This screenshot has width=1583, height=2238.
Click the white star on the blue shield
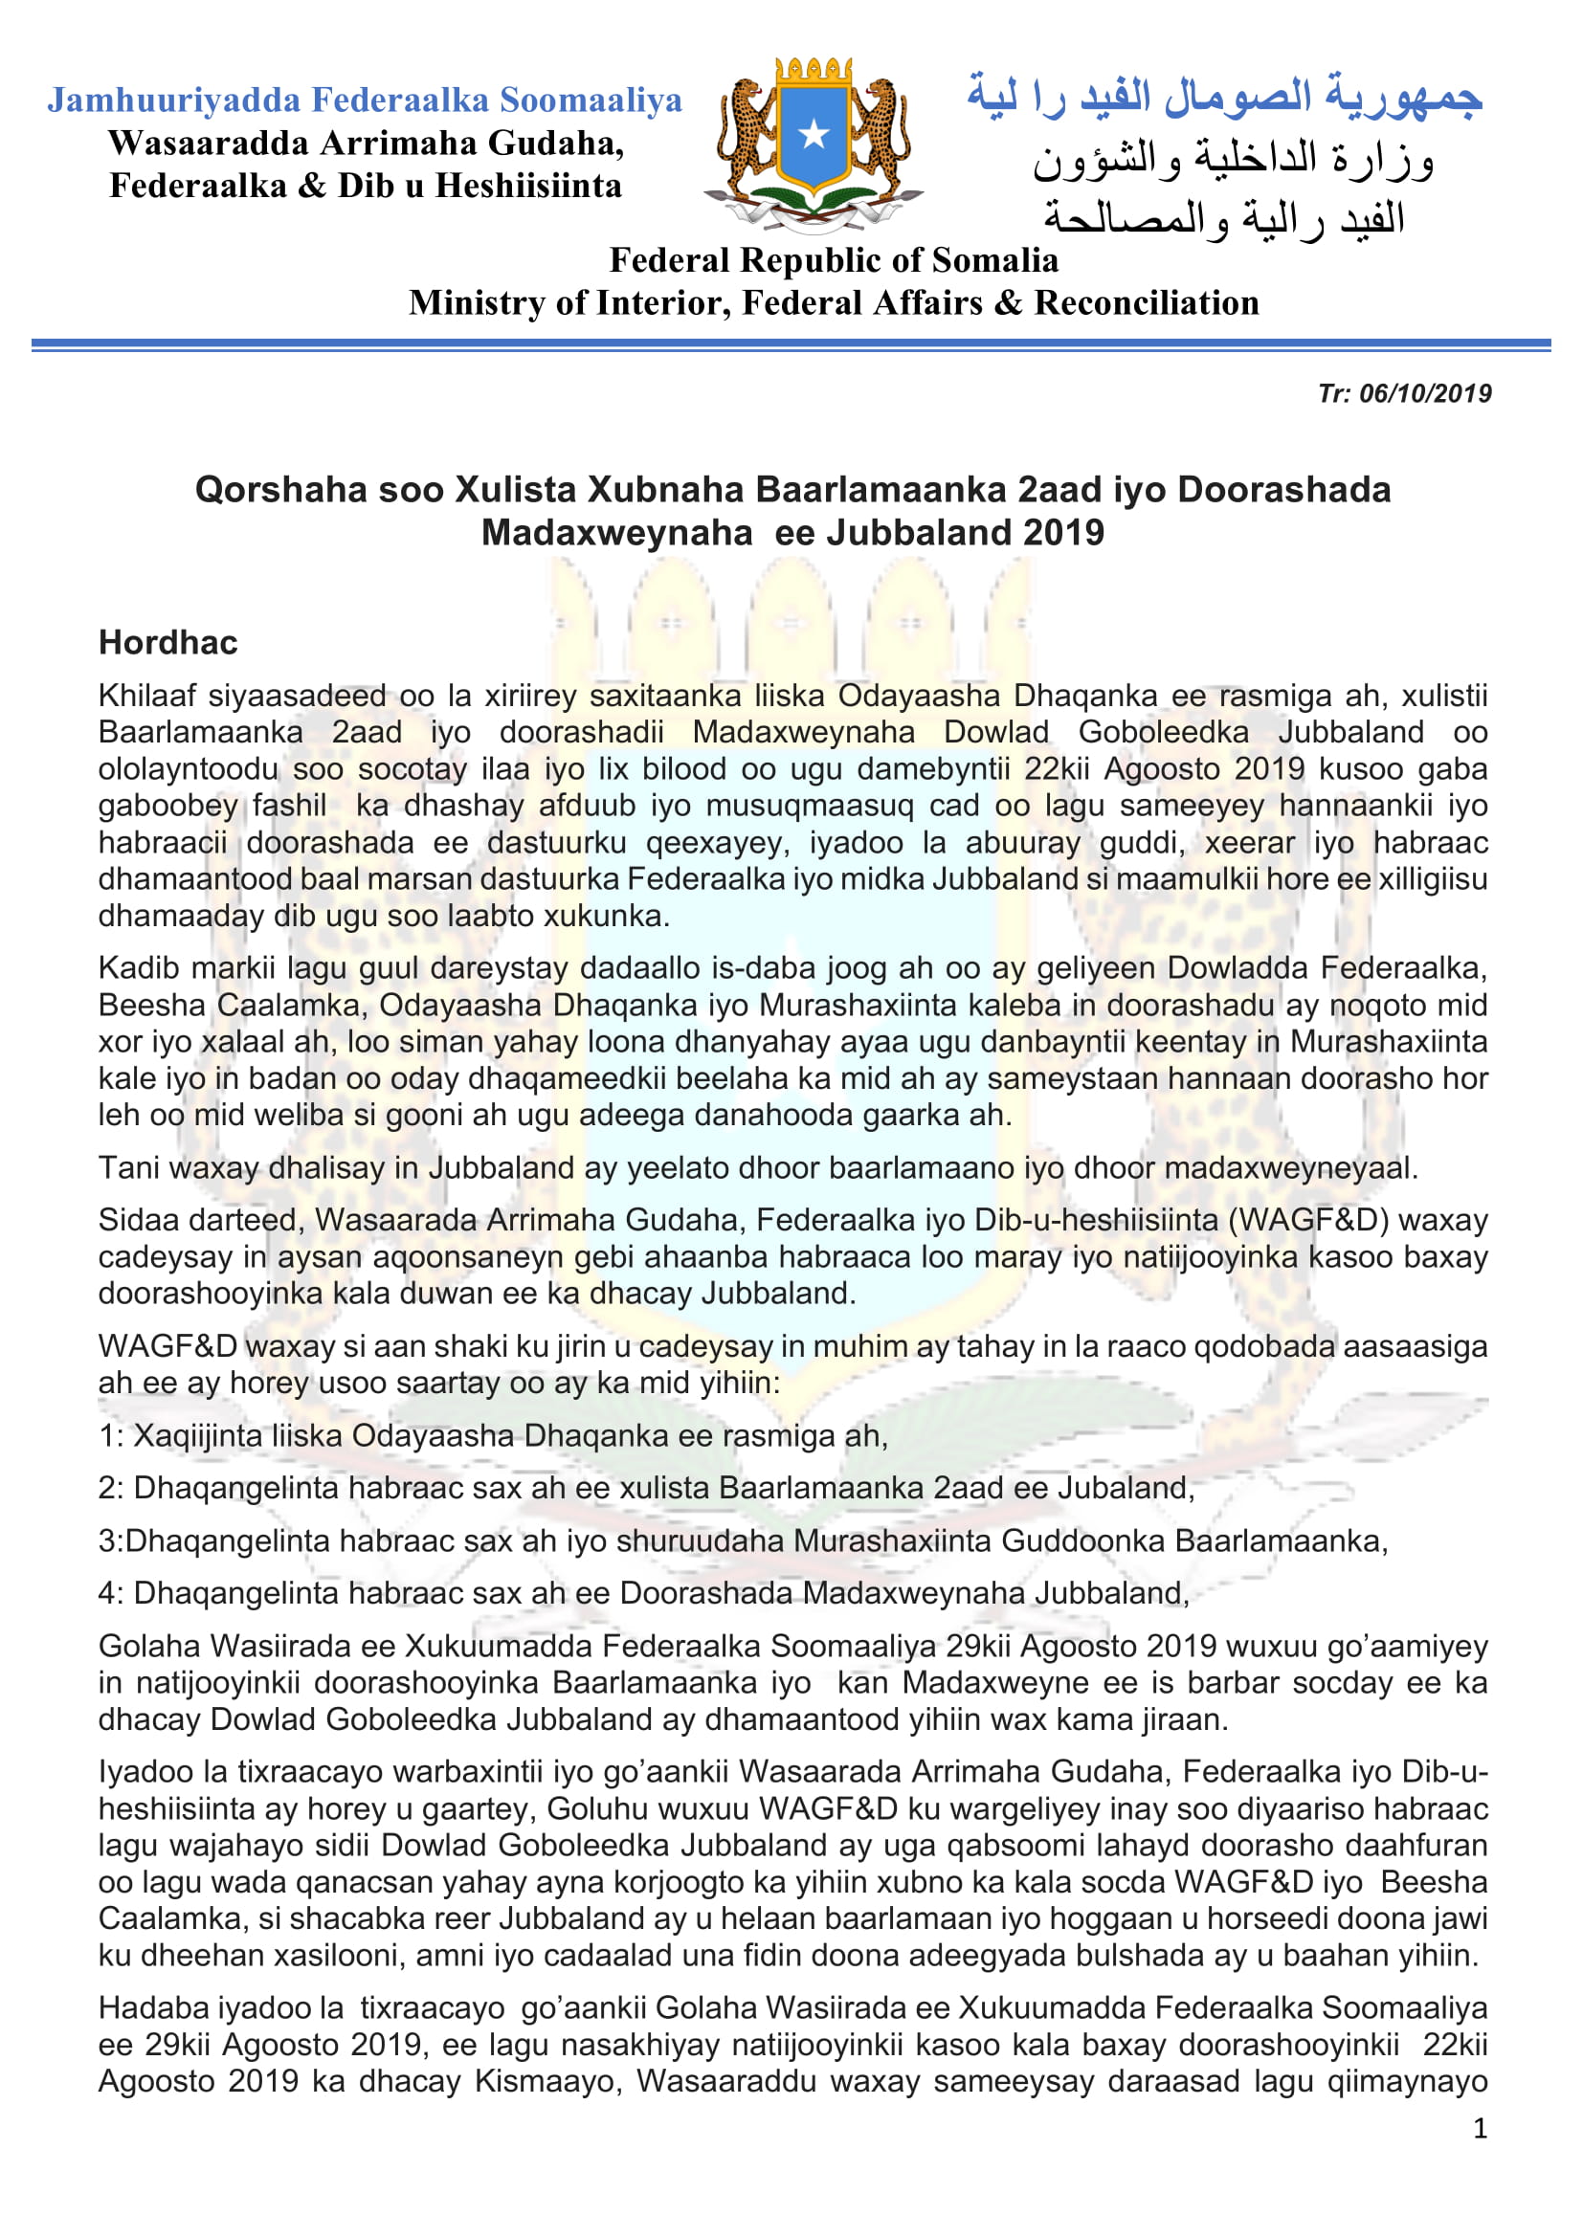click(x=813, y=135)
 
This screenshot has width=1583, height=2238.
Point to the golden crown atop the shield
click(x=813, y=71)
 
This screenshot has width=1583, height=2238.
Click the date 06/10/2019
click(x=1425, y=394)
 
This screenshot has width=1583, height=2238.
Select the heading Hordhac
click(x=167, y=643)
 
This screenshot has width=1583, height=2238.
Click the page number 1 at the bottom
click(x=1480, y=2128)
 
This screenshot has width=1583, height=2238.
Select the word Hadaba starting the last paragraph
click(x=152, y=2008)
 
